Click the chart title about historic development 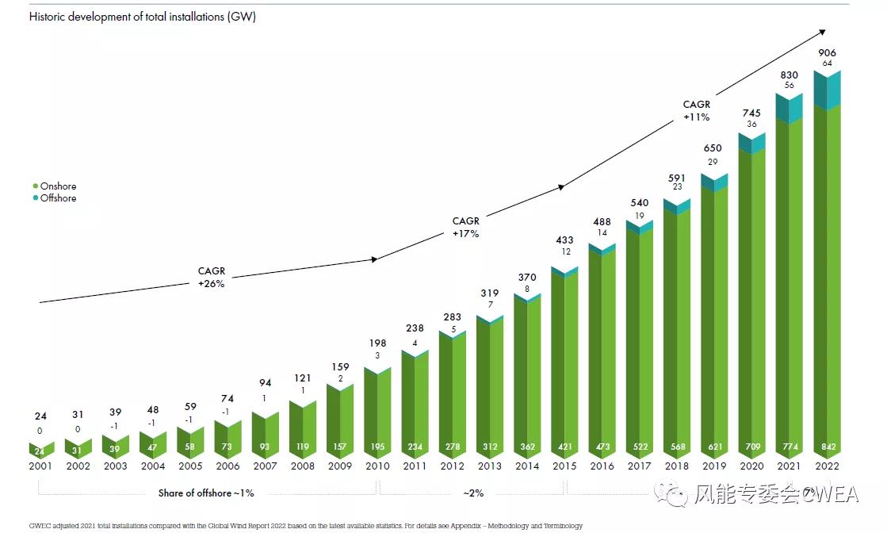[143, 17]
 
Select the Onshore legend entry [58, 186]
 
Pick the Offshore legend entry [58, 198]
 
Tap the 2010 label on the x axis [377, 466]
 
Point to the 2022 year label [828, 466]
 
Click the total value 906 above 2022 [827, 53]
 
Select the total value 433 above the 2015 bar [564, 240]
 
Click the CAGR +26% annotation [212, 278]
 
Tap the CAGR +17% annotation [465, 228]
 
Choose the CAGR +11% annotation [696, 110]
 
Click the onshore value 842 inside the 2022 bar [828, 447]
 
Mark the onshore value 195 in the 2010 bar [377, 447]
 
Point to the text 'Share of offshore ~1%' [206, 493]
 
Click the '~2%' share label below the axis [473, 493]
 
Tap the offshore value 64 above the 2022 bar [827, 63]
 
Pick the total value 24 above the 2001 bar [40, 416]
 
